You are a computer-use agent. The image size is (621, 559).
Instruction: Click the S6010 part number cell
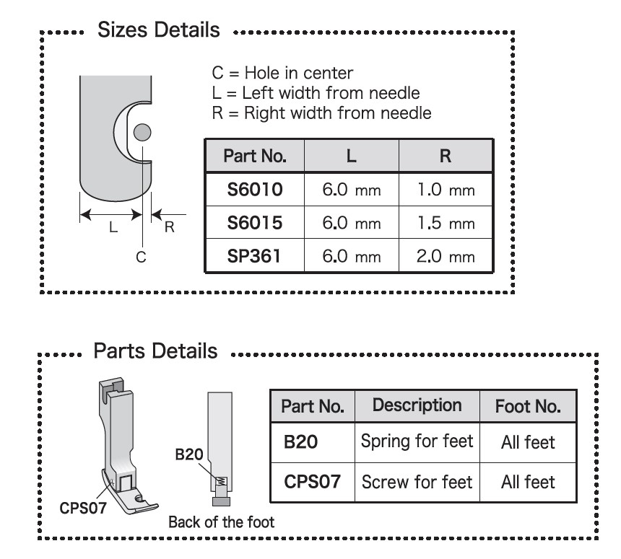tap(255, 189)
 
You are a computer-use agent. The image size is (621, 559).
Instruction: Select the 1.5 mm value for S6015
tap(446, 222)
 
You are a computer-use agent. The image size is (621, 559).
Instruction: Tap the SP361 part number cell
tap(255, 255)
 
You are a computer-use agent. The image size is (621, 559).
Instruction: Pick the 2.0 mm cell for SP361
tap(446, 255)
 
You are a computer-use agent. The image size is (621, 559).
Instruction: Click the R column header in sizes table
tap(446, 156)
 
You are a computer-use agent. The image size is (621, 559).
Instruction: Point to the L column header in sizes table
tap(351, 156)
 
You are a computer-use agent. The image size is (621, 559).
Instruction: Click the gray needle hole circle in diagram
tap(142, 132)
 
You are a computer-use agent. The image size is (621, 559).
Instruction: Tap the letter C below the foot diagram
tap(141, 258)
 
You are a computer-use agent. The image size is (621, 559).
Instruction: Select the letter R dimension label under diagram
tap(170, 227)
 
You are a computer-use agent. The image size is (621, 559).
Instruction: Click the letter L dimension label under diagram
tap(113, 227)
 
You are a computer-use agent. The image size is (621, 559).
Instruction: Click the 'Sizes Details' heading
tap(158, 30)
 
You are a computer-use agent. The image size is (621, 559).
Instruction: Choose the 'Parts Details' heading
tap(156, 351)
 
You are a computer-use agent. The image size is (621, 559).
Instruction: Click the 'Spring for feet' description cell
tap(417, 441)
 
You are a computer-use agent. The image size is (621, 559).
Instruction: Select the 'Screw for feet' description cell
tap(417, 482)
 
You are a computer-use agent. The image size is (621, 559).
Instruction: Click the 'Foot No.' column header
tap(528, 406)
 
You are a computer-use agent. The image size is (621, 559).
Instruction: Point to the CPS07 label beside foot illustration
tap(83, 508)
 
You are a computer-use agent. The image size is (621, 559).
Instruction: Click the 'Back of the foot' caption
tap(222, 522)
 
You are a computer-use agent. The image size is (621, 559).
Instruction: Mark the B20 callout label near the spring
tap(189, 454)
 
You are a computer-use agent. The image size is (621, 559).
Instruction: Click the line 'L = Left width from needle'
tap(316, 93)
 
